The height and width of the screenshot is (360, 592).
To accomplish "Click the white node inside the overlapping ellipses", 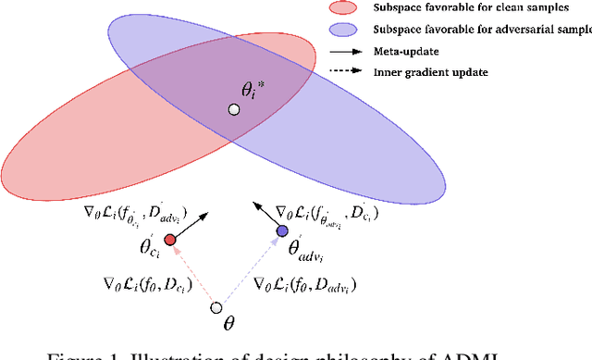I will click(234, 110).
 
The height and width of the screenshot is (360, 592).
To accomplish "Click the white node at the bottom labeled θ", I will click(216, 307).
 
